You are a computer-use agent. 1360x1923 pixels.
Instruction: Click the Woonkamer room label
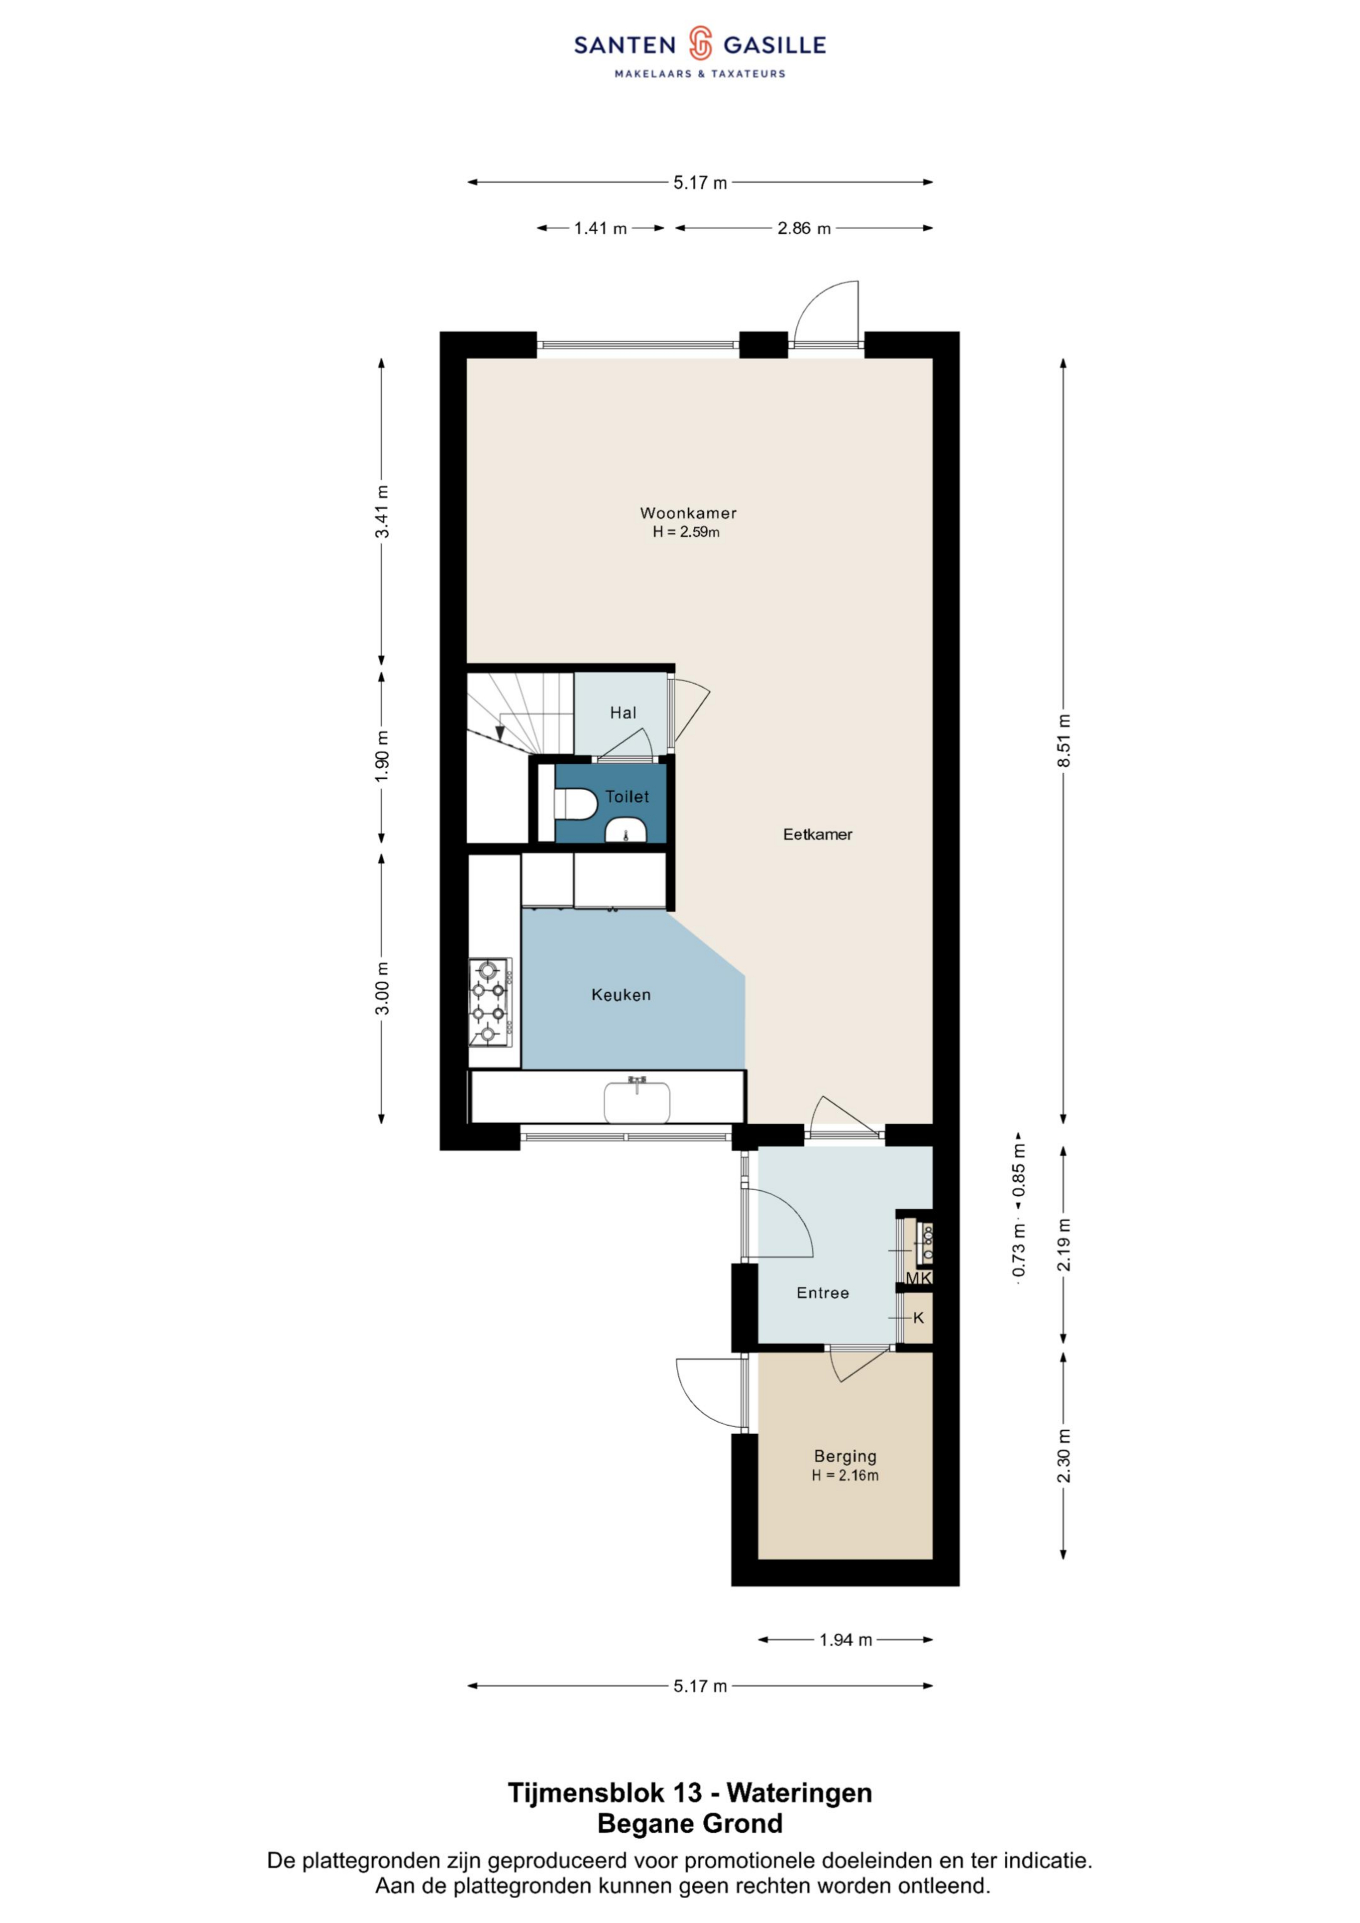coord(688,513)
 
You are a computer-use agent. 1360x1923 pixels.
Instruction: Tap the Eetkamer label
coord(817,834)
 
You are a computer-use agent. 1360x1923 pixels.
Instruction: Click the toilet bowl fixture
coord(575,804)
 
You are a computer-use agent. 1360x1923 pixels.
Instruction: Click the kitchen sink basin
coord(637,1101)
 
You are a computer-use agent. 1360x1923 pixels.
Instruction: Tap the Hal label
coord(623,713)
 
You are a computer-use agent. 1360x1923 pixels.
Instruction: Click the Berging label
coord(845,1456)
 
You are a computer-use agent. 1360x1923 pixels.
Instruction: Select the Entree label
coord(822,1293)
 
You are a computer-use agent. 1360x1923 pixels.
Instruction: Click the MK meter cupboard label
coord(918,1278)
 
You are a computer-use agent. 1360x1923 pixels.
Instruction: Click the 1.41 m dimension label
coord(600,228)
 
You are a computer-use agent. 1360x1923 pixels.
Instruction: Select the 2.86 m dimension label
coord(803,228)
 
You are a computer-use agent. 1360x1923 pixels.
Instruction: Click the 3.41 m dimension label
coord(382,512)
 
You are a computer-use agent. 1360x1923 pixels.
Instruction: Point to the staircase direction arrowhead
coord(500,733)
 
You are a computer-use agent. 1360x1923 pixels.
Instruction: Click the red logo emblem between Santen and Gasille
coord(700,44)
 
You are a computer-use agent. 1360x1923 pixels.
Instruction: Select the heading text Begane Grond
coord(690,1823)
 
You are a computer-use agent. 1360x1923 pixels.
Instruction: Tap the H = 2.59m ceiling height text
coord(686,532)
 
